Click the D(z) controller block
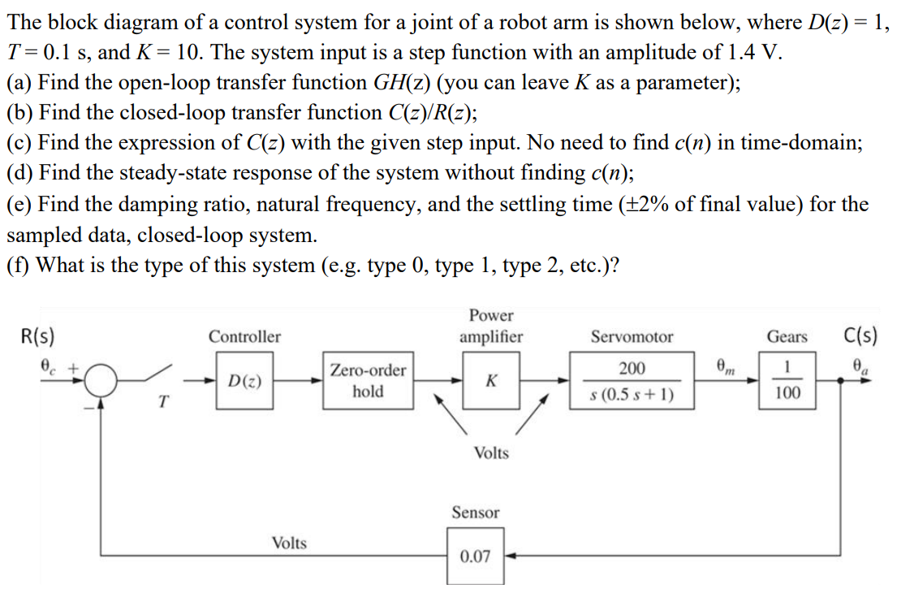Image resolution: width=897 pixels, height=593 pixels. tap(244, 381)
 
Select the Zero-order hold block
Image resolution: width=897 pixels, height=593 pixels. tap(368, 381)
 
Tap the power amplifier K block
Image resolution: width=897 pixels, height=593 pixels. tap(491, 381)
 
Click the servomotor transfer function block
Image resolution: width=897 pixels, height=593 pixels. tap(632, 381)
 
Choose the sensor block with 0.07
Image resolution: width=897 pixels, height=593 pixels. tap(475, 556)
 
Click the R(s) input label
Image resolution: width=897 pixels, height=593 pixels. tap(36, 335)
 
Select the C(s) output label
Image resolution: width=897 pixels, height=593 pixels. tap(860, 335)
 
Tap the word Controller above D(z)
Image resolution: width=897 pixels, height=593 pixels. tap(244, 336)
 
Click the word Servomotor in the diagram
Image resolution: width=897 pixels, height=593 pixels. tap(632, 336)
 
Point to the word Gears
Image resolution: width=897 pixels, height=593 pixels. tap(787, 336)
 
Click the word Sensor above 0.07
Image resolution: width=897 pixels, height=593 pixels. tap(476, 513)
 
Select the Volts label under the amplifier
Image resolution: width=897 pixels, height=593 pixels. tap(491, 453)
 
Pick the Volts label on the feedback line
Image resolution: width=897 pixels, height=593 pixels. tap(289, 543)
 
